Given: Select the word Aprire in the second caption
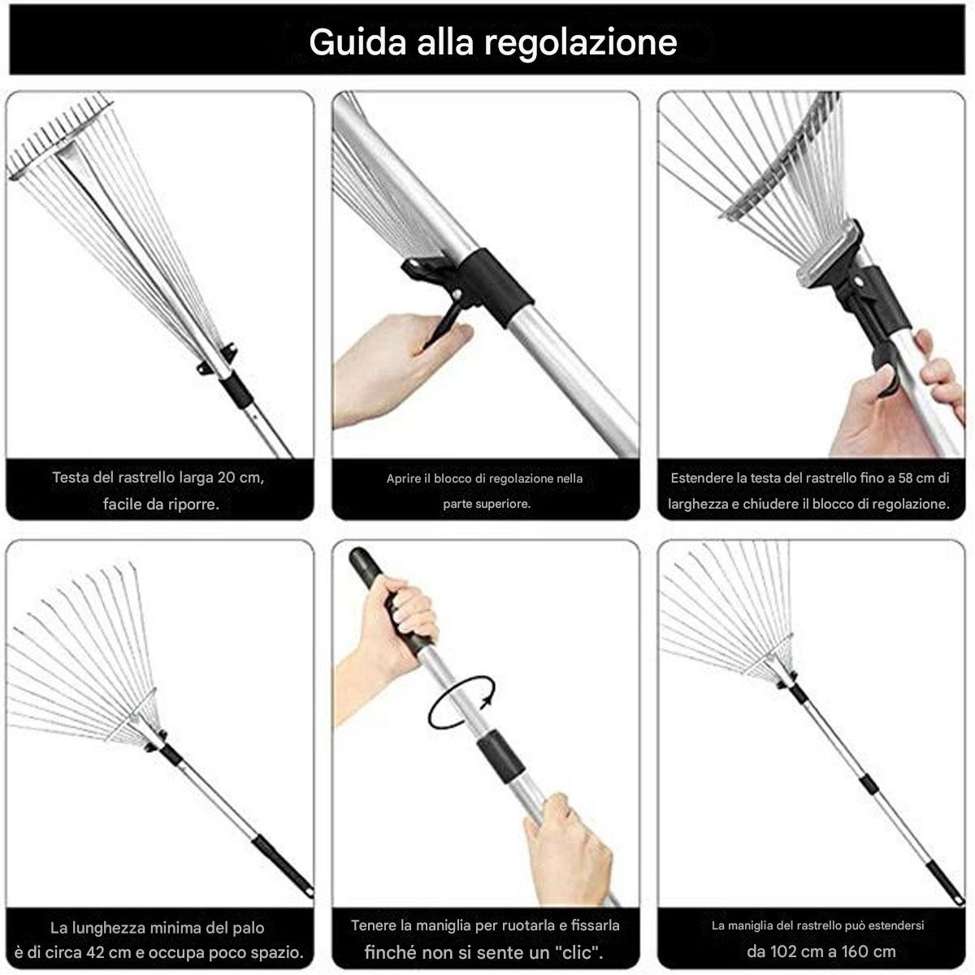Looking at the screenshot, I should point(404,479).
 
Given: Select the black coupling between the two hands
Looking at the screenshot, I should point(501,753).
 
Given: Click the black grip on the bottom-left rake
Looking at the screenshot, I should point(282,863).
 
